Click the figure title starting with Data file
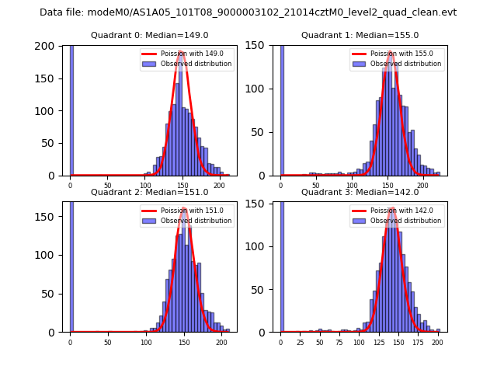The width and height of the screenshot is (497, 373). click(248, 12)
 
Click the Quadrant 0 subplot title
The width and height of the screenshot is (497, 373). click(149, 35)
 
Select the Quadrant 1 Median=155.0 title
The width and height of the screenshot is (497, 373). click(360, 35)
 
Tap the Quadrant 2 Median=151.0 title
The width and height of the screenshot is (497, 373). click(149, 192)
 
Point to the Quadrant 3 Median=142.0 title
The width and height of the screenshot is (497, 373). click(360, 192)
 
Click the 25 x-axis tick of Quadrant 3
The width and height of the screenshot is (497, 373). click(301, 342)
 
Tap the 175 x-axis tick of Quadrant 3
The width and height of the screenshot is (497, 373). click(418, 342)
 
